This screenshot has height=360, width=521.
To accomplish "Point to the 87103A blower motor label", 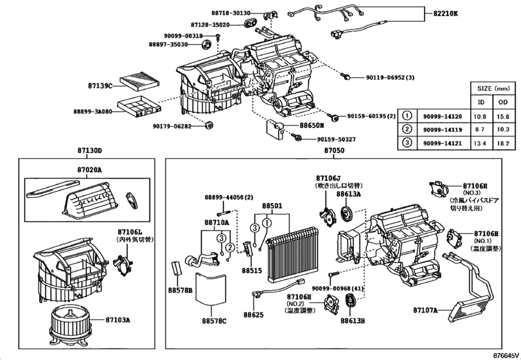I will coord(118,319).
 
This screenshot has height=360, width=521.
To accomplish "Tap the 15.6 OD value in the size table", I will coord(502,116).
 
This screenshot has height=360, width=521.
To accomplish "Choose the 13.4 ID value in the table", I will coord(479,143).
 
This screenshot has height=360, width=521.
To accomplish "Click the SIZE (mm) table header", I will coord(491,89).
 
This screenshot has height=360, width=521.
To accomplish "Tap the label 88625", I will coord(253,315).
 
